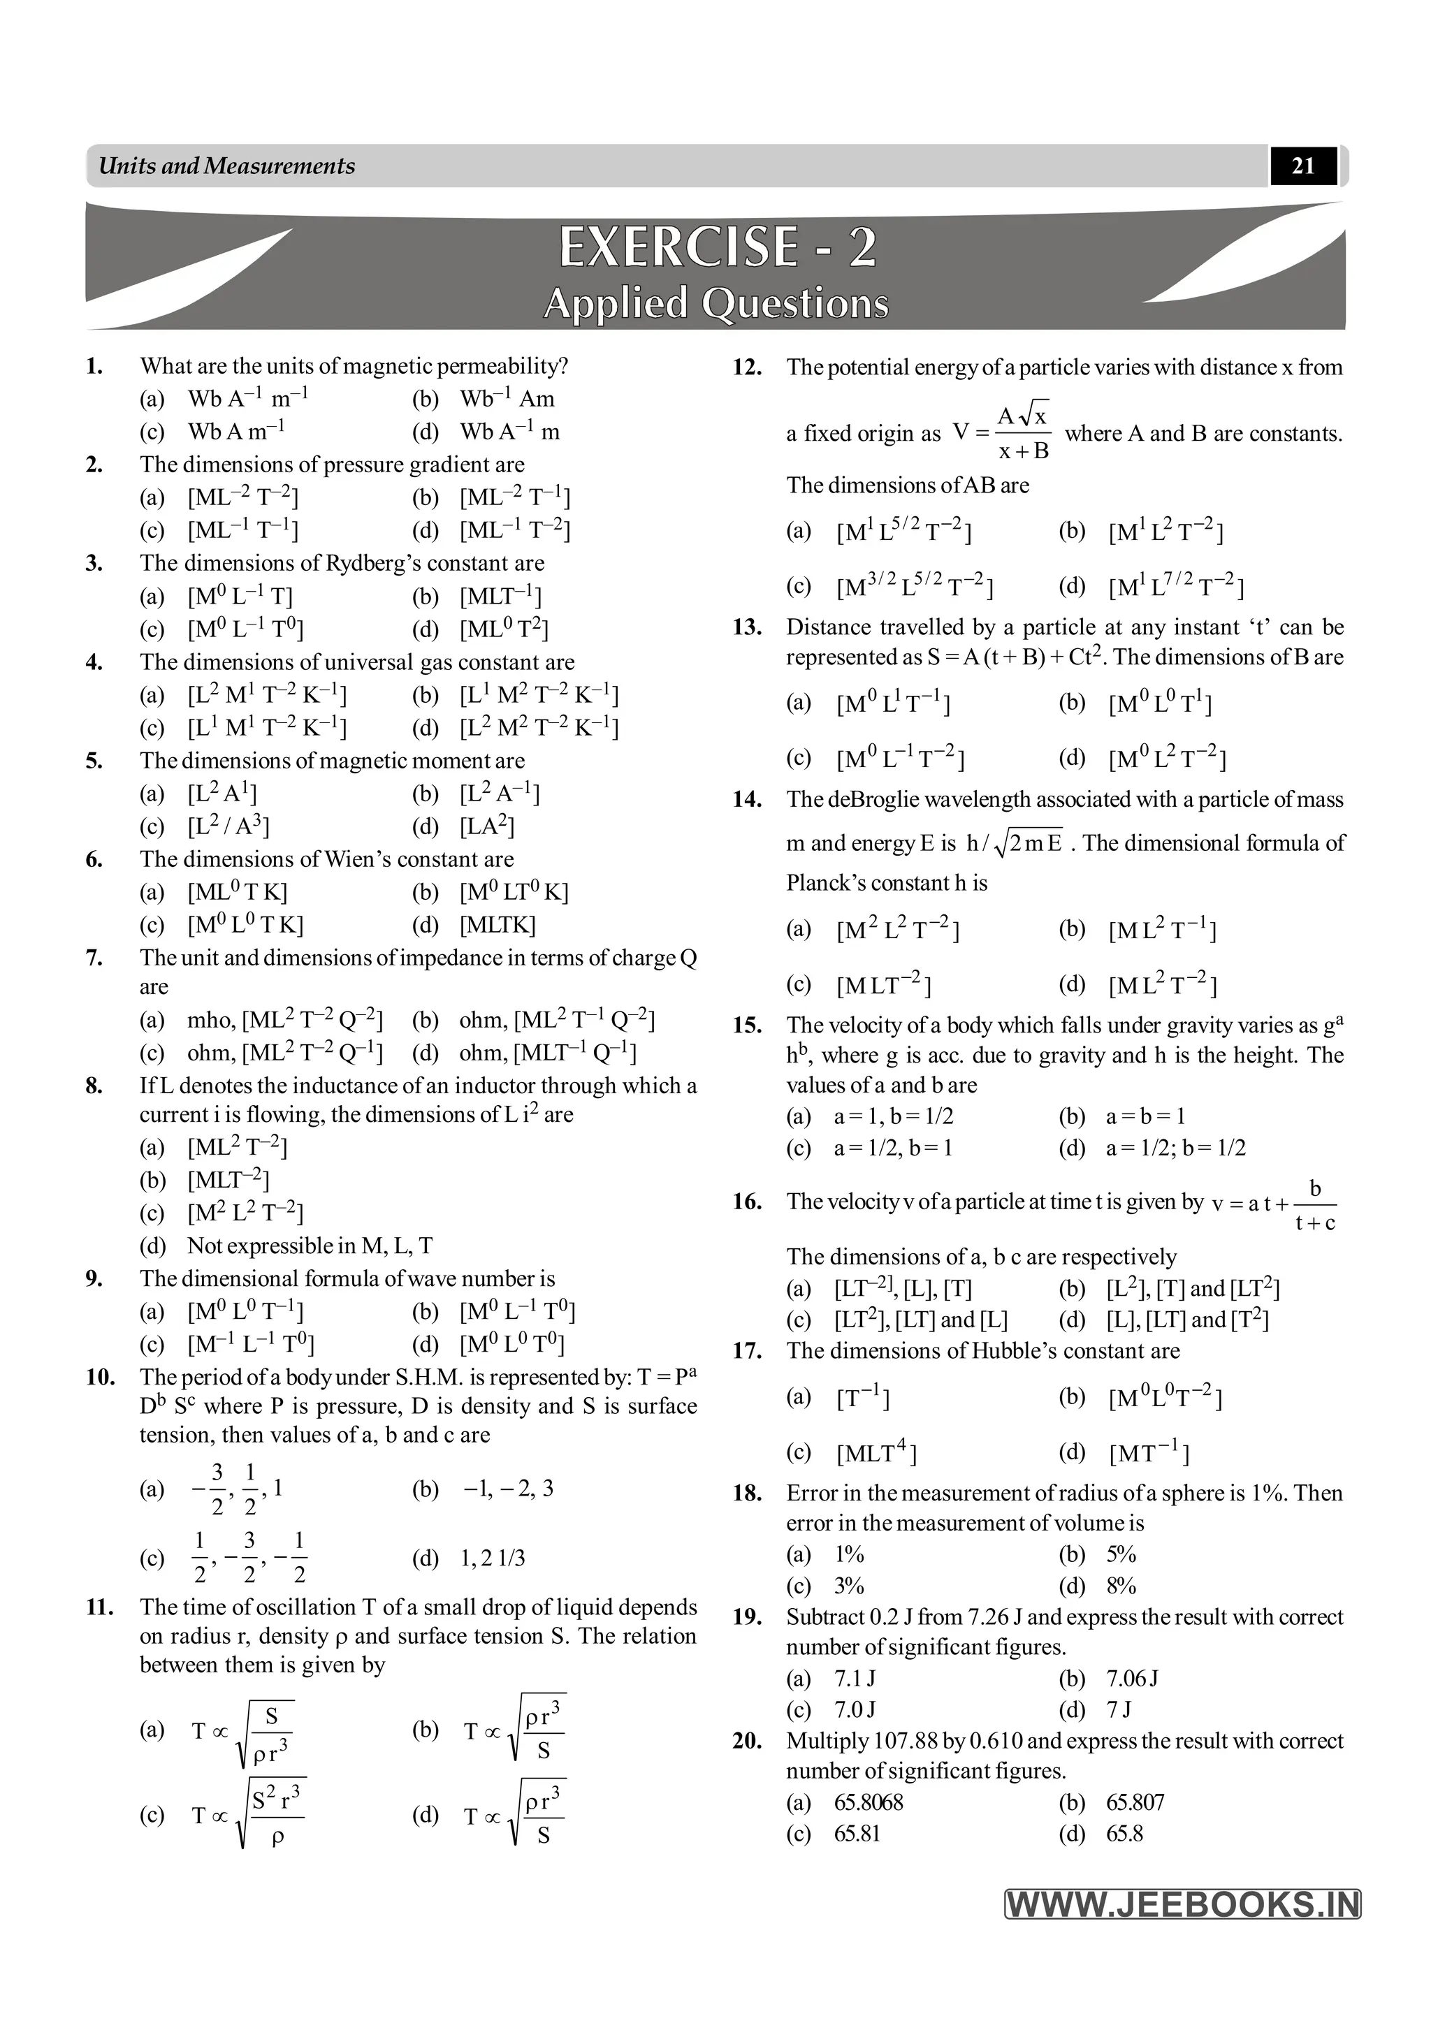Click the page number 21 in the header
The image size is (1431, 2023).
(1302, 166)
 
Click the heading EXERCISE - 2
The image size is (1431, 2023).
(718, 247)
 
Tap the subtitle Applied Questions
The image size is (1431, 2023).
(715, 304)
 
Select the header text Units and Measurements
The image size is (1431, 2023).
(226, 166)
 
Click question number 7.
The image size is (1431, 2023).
(94, 958)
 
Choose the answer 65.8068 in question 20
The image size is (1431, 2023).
(868, 1802)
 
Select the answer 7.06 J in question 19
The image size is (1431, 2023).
(1132, 1679)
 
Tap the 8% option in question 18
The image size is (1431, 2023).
(1121, 1586)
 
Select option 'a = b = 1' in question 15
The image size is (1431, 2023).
(1145, 1116)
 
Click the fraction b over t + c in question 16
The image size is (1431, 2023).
(1315, 1207)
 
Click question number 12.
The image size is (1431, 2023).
(746, 367)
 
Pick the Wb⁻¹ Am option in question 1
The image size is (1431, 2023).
(507, 399)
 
